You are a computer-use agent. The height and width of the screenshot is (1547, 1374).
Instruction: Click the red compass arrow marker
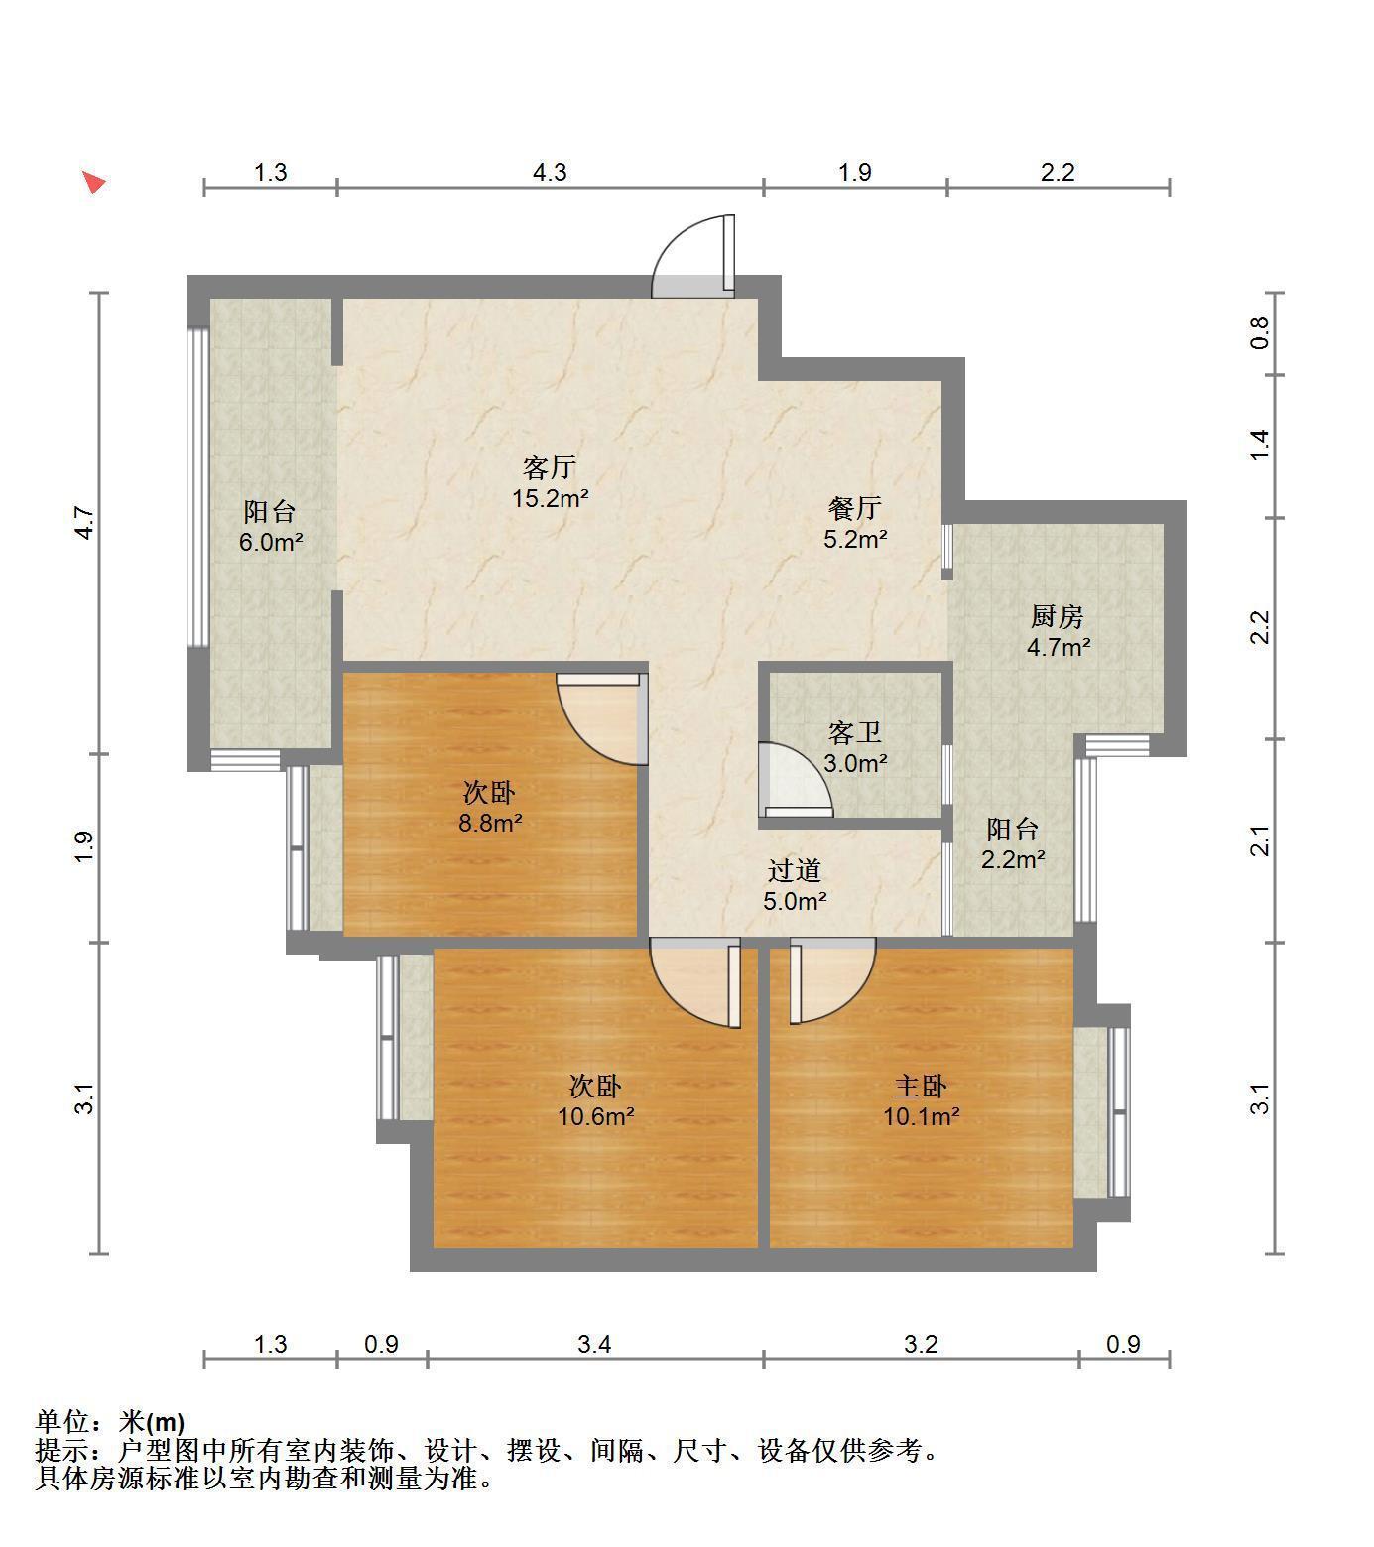[93, 182]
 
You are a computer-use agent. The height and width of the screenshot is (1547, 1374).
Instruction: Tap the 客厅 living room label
[550, 467]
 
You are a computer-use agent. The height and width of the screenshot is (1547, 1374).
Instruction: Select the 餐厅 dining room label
[855, 509]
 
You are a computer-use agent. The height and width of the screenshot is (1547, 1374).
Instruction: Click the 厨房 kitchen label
[1057, 617]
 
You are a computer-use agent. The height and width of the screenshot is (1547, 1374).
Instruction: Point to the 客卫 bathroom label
[855, 733]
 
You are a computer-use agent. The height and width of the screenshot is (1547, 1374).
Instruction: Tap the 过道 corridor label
[795, 870]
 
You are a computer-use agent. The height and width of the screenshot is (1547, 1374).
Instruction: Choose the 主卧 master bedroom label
[921, 1086]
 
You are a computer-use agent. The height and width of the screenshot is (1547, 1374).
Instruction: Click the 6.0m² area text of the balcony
[271, 542]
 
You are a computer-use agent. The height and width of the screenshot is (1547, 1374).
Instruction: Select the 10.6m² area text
[595, 1116]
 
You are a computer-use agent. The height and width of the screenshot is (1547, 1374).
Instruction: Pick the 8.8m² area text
[490, 823]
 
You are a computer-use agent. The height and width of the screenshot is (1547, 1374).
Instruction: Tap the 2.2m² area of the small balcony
[1013, 859]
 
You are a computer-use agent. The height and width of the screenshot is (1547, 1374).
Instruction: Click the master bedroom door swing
[832, 982]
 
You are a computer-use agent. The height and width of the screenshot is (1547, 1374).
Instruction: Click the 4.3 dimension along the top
[550, 172]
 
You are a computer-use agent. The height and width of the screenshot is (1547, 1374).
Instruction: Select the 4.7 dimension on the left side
[85, 523]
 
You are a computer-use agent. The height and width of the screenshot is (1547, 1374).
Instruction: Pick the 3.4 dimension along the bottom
[595, 1344]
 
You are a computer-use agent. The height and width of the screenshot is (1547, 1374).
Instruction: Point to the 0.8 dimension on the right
[1259, 332]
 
